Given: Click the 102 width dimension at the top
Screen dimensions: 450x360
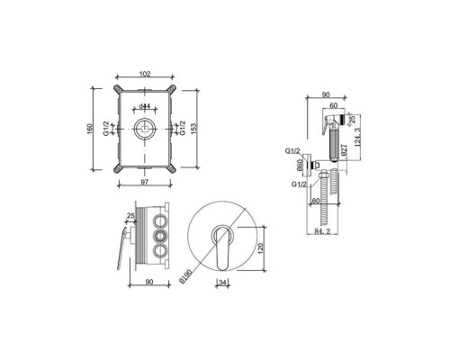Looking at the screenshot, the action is pos(145,74).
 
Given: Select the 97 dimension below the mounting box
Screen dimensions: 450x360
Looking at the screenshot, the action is pos(145,182).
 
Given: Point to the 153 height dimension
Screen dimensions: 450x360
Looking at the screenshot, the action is pos(193,129).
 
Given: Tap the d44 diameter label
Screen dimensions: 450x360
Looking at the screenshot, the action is pos(145,106).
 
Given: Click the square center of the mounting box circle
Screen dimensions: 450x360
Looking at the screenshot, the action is pos(145,129).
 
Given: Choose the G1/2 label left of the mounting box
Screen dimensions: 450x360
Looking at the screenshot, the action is pos(106,129).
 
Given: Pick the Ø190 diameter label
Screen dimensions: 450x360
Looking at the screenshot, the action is pos(185,275).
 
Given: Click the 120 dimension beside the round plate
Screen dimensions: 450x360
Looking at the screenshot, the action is pos(260,248).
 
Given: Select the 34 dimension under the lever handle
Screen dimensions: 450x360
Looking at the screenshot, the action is pos(222,283).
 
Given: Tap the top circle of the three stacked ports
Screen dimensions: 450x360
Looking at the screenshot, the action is pos(159,221).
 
